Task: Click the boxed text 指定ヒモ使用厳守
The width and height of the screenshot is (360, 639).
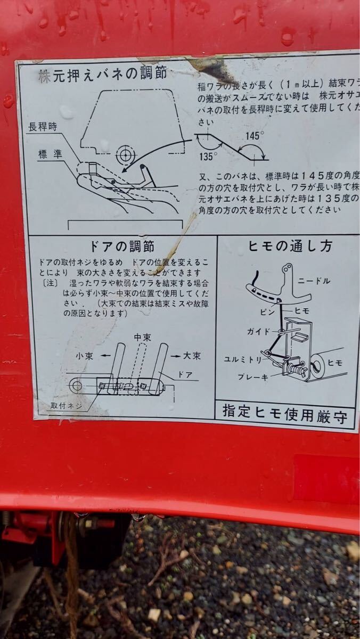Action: [x=285, y=413]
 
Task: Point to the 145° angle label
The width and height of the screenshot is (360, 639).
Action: [x=253, y=135]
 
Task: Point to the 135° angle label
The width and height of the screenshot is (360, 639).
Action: [x=208, y=156]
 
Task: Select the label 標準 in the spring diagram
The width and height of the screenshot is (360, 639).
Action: [x=51, y=154]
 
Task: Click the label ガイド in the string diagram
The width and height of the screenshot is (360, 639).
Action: [x=259, y=331]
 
